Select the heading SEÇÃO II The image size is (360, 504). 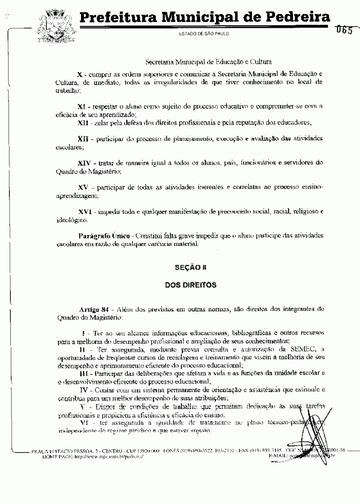[x=190, y=267]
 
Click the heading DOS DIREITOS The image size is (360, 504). [x=190, y=285]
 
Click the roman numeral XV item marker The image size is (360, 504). [x=82, y=187]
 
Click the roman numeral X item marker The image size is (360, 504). [x=80, y=73]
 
